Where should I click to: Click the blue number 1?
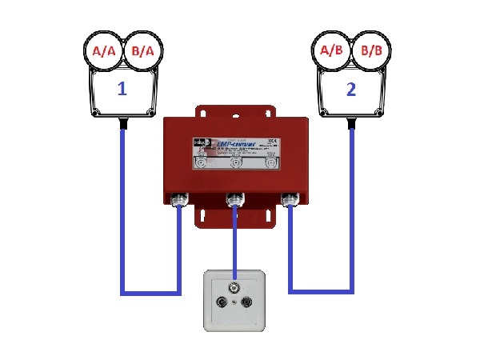(x=122, y=89)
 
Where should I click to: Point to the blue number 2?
(x=350, y=89)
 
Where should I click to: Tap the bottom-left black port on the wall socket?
(x=221, y=304)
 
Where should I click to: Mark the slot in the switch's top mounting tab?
(x=234, y=110)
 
